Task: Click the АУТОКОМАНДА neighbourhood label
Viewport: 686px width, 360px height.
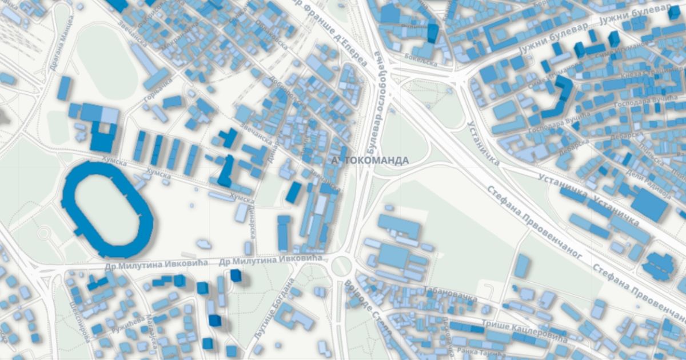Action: pyautogui.click(x=370, y=160)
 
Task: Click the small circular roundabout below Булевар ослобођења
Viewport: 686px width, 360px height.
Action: pyautogui.click(x=341, y=266)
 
